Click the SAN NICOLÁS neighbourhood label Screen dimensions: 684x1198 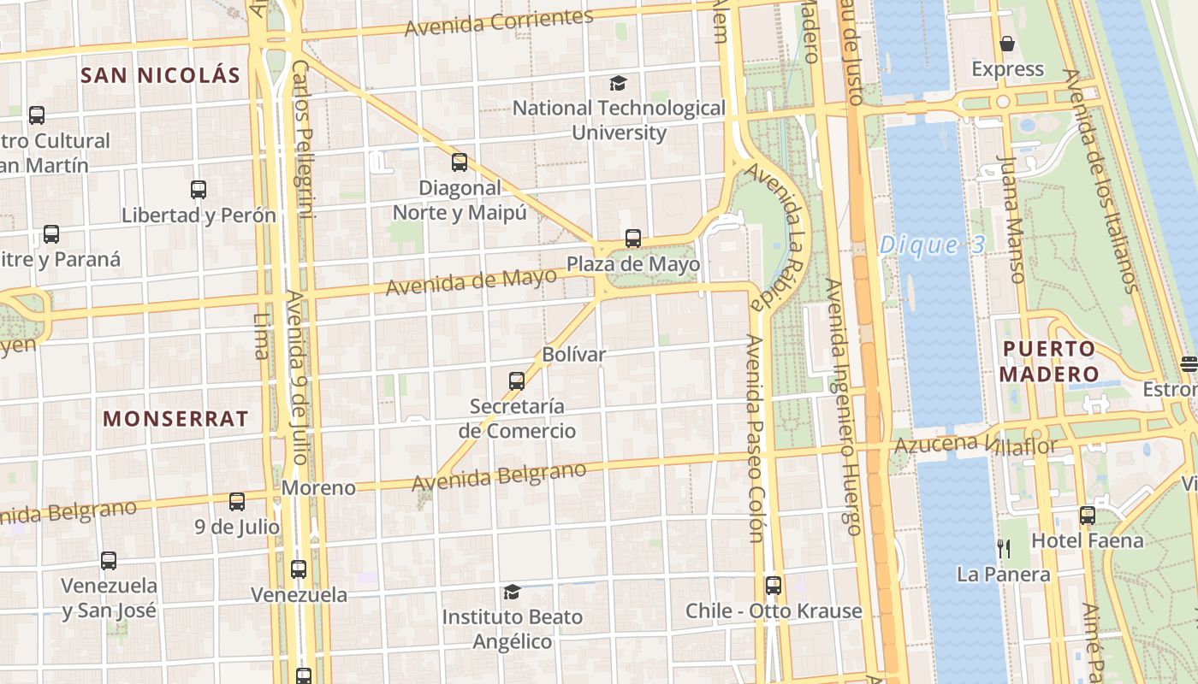tap(161, 75)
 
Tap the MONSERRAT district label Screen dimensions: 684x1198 tap(175, 419)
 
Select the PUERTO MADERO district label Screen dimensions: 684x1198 tap(1049, 362)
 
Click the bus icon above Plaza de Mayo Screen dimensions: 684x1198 tap(633, 239)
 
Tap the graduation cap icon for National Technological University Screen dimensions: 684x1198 tap(618, 83)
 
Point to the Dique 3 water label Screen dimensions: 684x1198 tap(933, 245)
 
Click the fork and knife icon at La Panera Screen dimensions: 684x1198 tap(1004, 548)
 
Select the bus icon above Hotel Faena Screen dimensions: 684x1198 tap(1087, 516)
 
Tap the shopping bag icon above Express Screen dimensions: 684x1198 tap(1007, 44)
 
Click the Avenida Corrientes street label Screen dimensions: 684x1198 tap(499, 23)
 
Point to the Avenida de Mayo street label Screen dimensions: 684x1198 tap(471, 281)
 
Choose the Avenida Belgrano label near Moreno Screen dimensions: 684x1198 tap(500, 476)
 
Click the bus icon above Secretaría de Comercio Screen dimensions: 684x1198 tap(517, 381)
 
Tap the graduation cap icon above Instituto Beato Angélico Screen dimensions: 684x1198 tap(512, 592)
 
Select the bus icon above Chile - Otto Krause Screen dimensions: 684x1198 tap(774, 586)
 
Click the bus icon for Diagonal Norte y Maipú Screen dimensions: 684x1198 tap(460, 162)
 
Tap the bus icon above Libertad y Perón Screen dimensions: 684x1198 tap(199, 190)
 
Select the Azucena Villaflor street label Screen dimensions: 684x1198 tap(976, 445)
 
